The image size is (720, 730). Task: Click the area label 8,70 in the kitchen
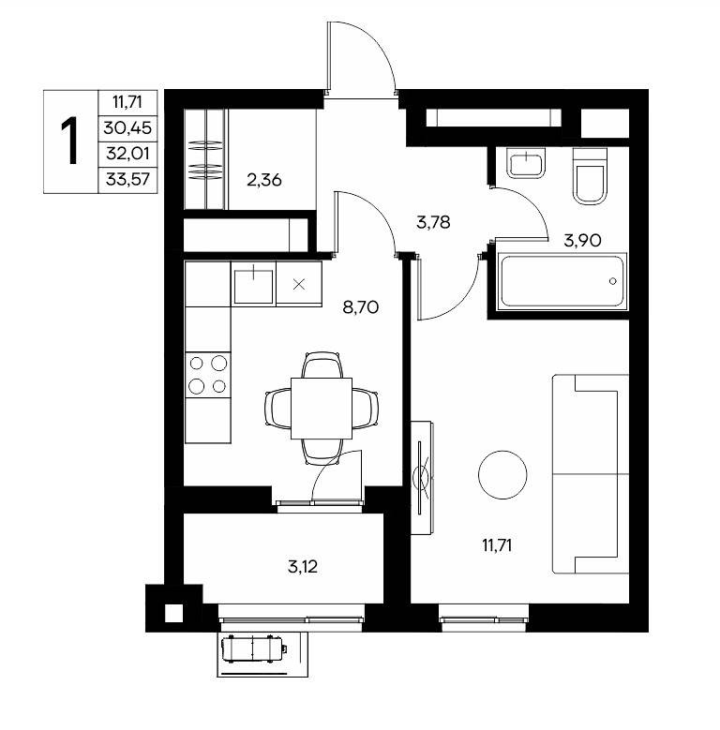pyautogui.click(x=360, y=307)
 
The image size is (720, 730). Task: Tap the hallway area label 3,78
pyautogui.click(x=433, y=222)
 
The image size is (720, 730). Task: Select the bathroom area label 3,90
pyautogui.click(x=582, y=241)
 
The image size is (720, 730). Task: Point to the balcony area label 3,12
pyautogui.click(x=303, y=567)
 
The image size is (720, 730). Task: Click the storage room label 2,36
pyautogui.click(x=264, y=180)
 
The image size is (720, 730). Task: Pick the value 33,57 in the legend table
pyautogui.click(x=127, y=179)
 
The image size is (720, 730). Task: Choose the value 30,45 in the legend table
pyautogui.click(x=127, y=127)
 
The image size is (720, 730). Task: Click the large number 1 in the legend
pyautogui.click(x=71, y=142)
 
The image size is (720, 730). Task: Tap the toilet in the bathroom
pyautogui.click(x=590, y=176)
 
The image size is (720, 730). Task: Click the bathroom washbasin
pyautogui.click(x=526, y=163)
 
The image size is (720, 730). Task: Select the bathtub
pyautogui.click(x=562, y=281)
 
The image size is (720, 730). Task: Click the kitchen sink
pyautogui.click(x=253, y=284)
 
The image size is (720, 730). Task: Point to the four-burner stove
pyautogui.click(x=208, y=375)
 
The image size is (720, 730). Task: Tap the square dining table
pyautogui.click(x=322, y=409)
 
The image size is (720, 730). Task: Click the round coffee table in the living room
pyautogui.click(x=502, y=475)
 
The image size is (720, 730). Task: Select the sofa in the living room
pyautogui.click(x=591, y=473)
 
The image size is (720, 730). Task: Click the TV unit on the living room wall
pyautogui.click(x=423, y=478)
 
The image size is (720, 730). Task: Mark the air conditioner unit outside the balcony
pyautogui.click(x=254, y=648)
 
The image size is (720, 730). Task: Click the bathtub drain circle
pyautogui.click(x=613, y=281)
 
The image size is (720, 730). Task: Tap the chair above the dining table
pyautogui.click(x=322, y=365)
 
